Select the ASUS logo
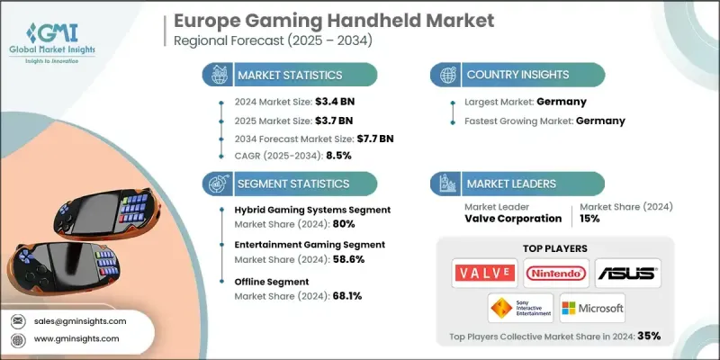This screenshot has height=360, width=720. click(x=627, y=272)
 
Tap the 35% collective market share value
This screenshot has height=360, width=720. click(x=648, y=336)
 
